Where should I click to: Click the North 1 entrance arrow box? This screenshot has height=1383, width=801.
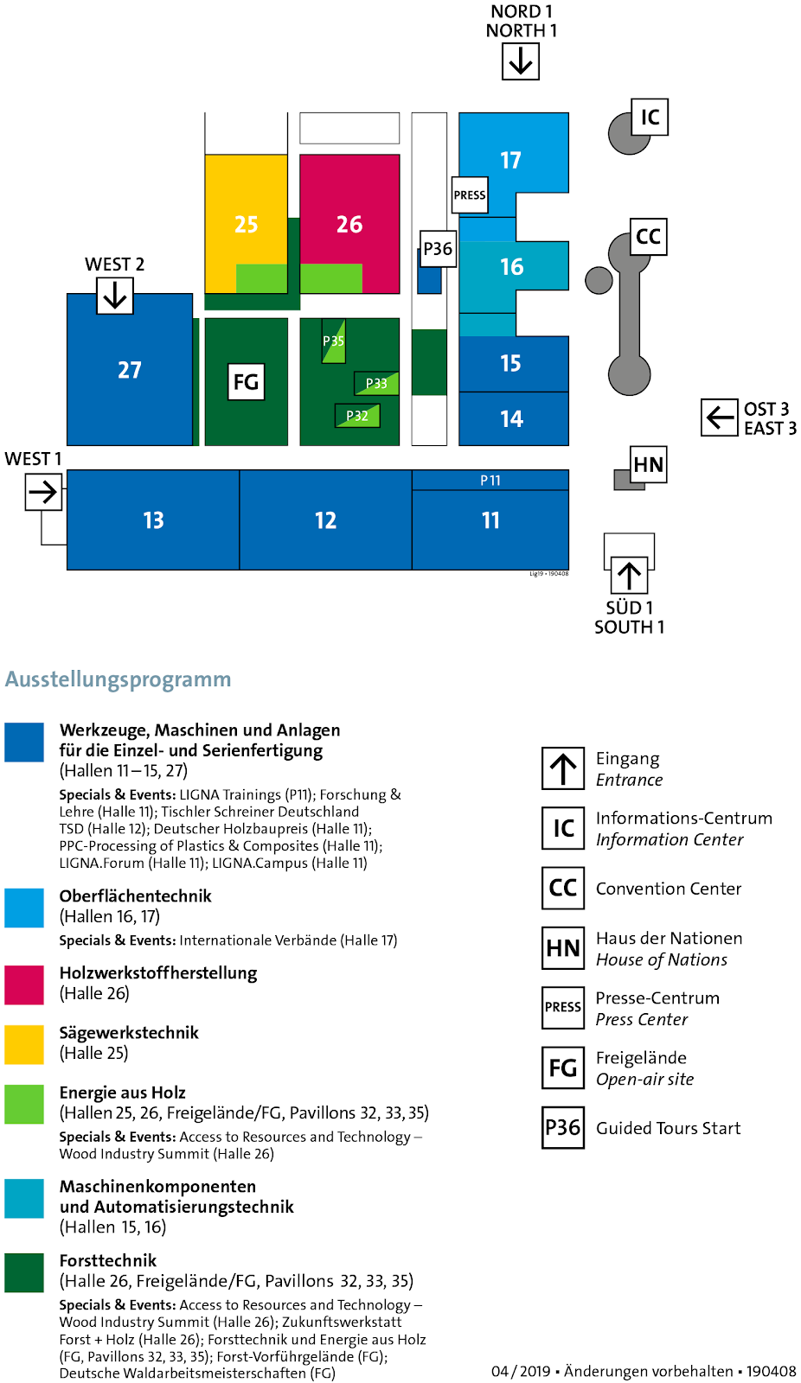[x=521, y=61]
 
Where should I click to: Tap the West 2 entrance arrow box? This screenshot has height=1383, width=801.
[x=115, y=296]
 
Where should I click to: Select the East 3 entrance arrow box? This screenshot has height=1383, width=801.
[x=719, y=417]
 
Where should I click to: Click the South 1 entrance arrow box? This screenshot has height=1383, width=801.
[x=629, y=575]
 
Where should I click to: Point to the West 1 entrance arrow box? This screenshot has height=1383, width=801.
[x=43, y=493]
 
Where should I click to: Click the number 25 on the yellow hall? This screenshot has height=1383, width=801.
[x=247, y=225]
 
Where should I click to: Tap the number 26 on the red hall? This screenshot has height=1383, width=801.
[x=349, y=225]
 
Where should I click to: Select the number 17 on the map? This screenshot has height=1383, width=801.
[x=510, y=161]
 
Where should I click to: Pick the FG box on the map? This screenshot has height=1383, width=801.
[x=247, y=382]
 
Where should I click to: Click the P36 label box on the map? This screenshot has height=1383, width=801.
[x=438, y=249]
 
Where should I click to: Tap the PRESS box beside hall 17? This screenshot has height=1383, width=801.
[x=470, y=194]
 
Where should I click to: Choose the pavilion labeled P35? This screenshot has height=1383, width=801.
[x=333, y=341]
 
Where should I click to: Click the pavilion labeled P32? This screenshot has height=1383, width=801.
[x=357, y=416]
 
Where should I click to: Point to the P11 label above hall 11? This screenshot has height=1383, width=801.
[x=490, y=481]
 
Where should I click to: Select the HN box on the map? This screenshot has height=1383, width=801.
[x=649, y=465]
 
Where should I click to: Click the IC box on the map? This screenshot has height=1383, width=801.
[x=650, y=117]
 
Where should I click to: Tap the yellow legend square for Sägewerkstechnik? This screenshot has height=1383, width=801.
[x=24, y=1044]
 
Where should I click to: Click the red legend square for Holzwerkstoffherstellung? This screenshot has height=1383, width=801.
[x=24, y=985]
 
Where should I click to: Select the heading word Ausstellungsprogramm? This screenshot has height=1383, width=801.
[x=119, y=679]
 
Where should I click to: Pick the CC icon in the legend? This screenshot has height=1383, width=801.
[x=563, y=888]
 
